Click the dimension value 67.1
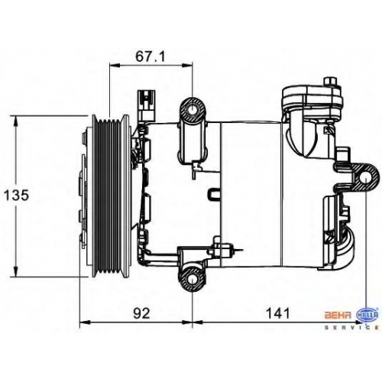pyautogui.click(x=151, y=57)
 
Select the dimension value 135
pyautogui.click(x=16, y=196)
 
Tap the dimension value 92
pyautogui.click(x=141, y=313)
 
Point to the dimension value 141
pyautogui.click(x=277, y=313)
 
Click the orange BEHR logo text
pyautogui.click(x=338, y=315)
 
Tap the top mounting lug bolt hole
pyautogui.click(x=193, y=110)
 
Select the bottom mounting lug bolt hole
pyautogui.click(x=192, y=280)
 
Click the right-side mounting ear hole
pyautogui.click(x=365, y=178)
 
